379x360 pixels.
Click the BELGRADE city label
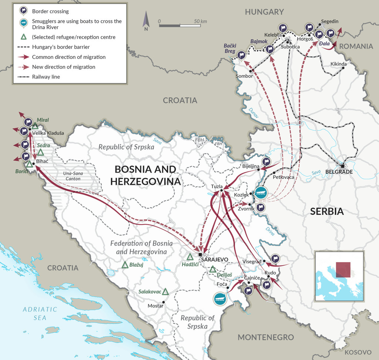[339, 172]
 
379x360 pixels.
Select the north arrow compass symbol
[146, 21]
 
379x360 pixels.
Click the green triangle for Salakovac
[165, 291]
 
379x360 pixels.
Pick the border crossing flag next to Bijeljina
[266, 162]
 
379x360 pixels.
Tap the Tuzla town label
[217, 186]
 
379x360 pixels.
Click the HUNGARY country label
[264, 12]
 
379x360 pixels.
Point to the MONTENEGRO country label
[265, 337]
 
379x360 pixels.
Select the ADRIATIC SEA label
[40, 313]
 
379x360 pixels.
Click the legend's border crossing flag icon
[24, 11]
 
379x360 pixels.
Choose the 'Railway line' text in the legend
[46, 77]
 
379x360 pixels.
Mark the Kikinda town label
[339, 64]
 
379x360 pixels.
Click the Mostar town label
[155, 306]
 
